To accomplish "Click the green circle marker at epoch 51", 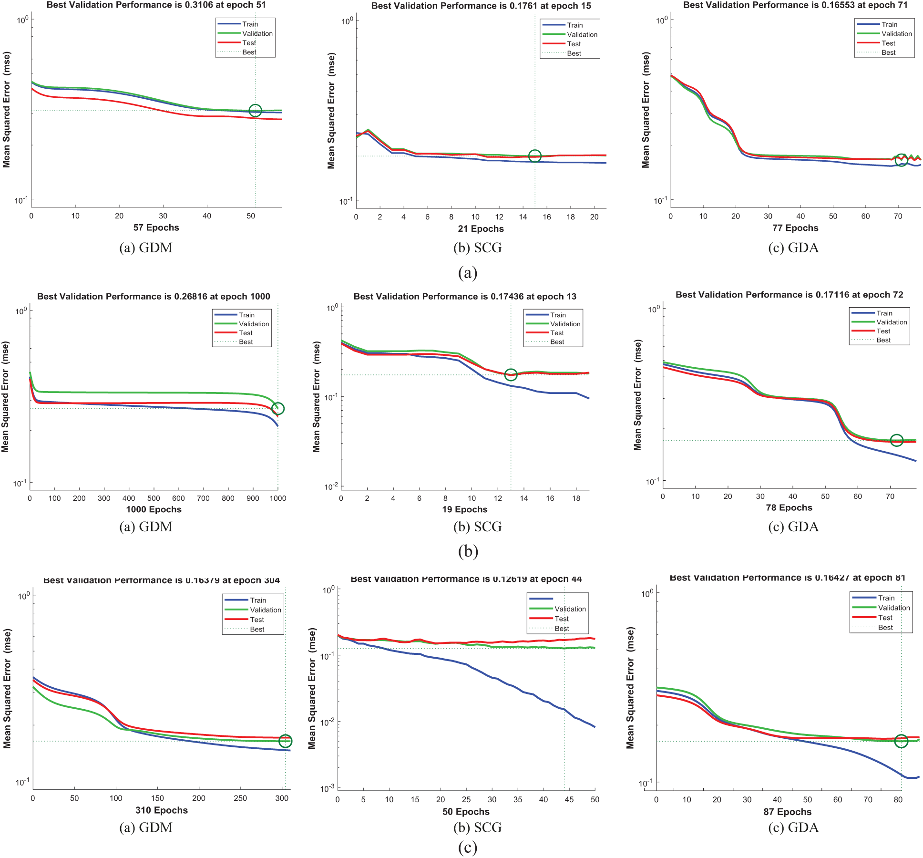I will tap(255, 111).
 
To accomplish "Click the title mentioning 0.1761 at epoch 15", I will tap(481, 6).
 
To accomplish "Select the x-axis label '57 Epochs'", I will tap(156, 227).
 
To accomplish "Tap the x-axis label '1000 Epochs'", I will tap(154, 509).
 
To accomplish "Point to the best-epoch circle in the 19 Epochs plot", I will tap(511, 375).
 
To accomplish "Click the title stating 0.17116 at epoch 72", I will tap(789, 295).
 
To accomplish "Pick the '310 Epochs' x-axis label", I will tap(162, 810).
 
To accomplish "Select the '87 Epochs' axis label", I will tap(787, 812).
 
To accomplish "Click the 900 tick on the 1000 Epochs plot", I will tap(253, 498).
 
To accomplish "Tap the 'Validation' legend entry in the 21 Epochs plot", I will tap(582, 35).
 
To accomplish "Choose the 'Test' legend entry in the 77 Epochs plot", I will tap(888, 43).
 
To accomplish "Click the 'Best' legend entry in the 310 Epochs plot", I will tap(257, 630).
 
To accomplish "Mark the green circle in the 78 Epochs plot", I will tap(896, 440).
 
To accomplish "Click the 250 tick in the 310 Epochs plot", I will tap(240, 798).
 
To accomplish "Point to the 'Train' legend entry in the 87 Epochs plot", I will tap(886, 598).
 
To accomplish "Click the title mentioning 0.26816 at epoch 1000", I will tap(154, 297).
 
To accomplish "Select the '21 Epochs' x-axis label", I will tap(481, 229).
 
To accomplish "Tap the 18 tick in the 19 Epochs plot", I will tap(576, 498).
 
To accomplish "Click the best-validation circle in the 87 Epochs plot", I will tap(901, 741).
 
